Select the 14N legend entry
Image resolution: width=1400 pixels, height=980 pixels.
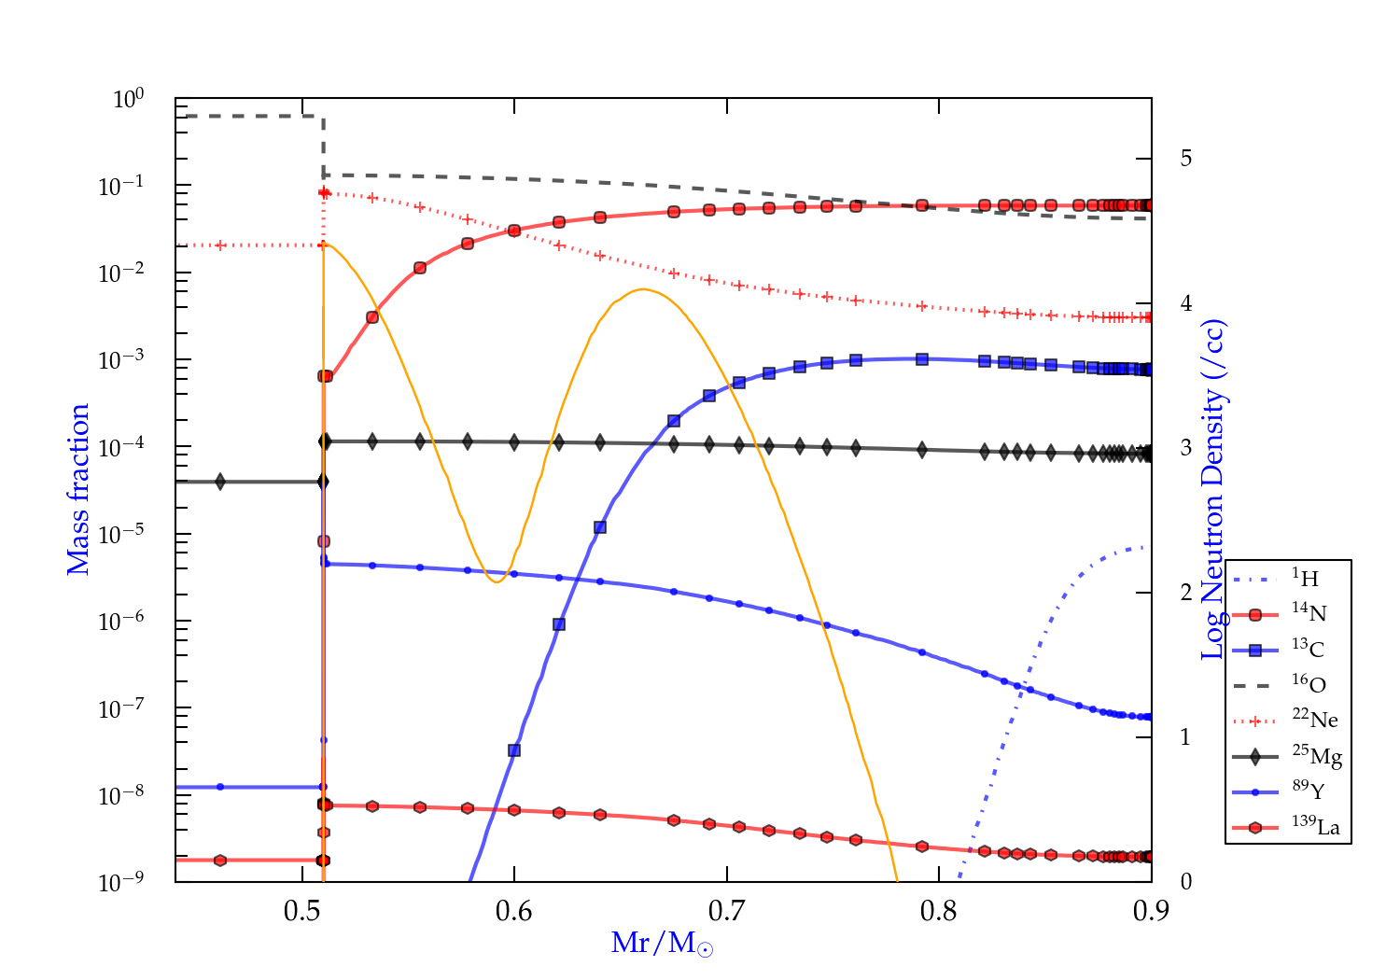click(1309, 613)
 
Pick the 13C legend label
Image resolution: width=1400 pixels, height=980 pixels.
click(1308, 649)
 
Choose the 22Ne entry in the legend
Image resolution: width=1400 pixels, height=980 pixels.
click(1314, 720)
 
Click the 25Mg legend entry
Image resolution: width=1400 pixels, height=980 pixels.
click(1316, 755)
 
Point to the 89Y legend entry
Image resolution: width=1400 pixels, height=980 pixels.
click(1308, 791)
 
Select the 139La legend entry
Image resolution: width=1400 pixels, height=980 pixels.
click(1315, 827)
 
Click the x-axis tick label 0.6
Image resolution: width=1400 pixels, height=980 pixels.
click(514, 911)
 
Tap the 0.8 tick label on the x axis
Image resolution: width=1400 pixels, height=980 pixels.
click(939, 911)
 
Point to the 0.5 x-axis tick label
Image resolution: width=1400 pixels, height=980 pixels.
click(302, 911)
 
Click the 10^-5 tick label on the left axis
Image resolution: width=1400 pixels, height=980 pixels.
click(121, 535)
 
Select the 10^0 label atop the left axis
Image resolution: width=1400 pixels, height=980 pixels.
click(129, 99)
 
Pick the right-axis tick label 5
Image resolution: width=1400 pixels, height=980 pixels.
click(1185, 158)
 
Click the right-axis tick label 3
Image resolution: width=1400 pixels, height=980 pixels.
click(1185, 447)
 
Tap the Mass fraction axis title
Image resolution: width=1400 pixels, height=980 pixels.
click(78, 489)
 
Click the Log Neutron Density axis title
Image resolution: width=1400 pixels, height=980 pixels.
click(1213, 490)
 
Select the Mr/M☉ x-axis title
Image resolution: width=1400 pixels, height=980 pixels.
click(663, 944)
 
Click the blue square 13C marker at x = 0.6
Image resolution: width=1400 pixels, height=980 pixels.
click(514, 750)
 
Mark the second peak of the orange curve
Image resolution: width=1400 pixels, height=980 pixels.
click(643, 289)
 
